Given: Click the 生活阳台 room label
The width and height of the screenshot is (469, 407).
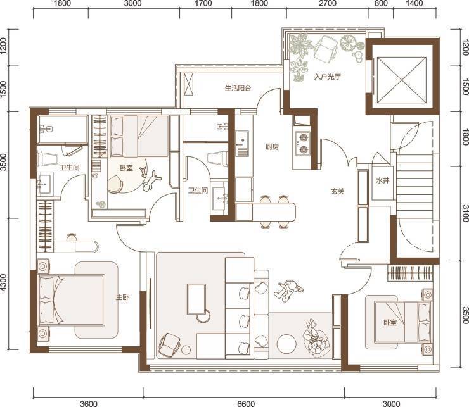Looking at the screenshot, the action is [x=238, y=88].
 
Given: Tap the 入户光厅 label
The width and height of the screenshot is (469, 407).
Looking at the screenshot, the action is [x=327, y=77].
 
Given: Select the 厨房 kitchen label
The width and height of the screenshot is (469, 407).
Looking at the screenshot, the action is [x=272, y=147].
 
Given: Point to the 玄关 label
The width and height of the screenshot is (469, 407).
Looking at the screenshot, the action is [x=338, y=191].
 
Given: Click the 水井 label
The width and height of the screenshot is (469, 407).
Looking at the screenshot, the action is [x=383, y=180].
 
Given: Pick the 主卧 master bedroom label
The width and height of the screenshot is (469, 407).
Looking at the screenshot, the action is [x=122, y=297].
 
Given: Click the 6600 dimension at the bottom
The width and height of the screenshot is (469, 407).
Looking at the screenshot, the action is [x=246, y=404].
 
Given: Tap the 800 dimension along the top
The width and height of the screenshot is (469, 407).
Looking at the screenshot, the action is [x=381, y=4].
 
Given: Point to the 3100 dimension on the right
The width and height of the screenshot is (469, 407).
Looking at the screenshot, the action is [x=465, y=213].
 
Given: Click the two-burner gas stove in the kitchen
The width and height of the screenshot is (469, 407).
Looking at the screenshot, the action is [x=303, y=143].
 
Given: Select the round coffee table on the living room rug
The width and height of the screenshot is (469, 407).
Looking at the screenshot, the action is [x=286, y=344].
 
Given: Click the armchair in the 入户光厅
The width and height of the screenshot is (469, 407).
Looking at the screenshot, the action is [x=326, y=49].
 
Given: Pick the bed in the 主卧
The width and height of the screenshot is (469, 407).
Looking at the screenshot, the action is [x=72, y=299].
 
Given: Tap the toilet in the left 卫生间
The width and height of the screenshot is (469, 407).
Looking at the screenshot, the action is [x=47, y=159].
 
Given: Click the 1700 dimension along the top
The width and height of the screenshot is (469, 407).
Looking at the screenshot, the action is [x=203, y=4].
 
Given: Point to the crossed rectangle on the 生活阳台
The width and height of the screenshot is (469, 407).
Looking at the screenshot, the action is [x=189, y=84].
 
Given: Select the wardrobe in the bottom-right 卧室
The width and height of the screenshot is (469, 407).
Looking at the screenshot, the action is [x=410, y=273].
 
